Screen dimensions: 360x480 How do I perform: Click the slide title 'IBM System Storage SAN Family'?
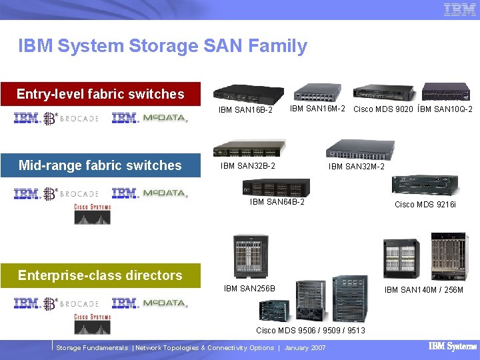163,46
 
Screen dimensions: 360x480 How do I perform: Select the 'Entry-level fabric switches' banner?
100,94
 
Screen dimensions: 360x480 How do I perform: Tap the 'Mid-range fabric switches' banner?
100,165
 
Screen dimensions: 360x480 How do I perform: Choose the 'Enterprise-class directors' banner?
100,275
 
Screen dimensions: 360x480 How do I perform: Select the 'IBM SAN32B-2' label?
248,166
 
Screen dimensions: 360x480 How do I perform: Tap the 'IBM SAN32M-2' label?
357,167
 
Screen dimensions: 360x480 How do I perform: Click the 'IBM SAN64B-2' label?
277,202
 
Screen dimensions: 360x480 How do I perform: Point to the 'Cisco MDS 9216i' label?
425,205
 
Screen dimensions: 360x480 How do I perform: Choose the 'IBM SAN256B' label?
249,289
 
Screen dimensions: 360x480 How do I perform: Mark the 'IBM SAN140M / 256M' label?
424,289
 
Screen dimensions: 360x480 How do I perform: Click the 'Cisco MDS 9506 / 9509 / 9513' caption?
311,330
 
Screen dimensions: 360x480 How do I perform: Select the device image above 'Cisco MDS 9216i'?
425,185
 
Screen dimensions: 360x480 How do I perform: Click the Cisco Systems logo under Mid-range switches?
92,215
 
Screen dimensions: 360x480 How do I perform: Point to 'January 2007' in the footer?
305,348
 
